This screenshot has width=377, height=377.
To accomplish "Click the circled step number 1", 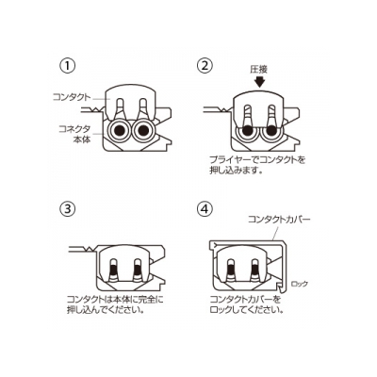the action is point(68,66).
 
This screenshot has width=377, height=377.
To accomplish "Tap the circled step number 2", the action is point(205,66).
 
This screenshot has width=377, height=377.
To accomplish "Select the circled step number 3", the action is point(68,209).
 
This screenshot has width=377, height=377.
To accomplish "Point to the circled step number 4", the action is point(205,209).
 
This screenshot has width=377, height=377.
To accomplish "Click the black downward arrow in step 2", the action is point(259,82).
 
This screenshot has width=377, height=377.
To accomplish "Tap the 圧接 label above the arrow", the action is point(259,70).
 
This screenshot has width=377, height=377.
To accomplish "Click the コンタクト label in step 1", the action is point(72,97).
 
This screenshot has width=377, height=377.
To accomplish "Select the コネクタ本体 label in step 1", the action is point(75,134).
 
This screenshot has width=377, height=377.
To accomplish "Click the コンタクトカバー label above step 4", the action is point(279,219).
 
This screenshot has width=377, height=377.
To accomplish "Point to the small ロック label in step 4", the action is point(300,284).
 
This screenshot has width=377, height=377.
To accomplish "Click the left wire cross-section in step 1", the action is point(119,130).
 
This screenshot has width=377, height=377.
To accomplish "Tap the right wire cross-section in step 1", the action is point(143,130).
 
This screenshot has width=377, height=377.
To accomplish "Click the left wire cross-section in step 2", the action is point(247,134).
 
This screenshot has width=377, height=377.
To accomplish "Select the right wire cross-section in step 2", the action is point(271,134).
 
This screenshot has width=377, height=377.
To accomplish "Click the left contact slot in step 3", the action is point(114,270).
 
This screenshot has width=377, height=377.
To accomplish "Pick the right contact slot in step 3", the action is point(138,270).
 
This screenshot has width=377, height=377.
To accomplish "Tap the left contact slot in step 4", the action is point(231,270).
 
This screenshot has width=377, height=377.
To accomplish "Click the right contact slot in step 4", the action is point(254,270).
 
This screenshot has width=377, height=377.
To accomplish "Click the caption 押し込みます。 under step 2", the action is point(236,171).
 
